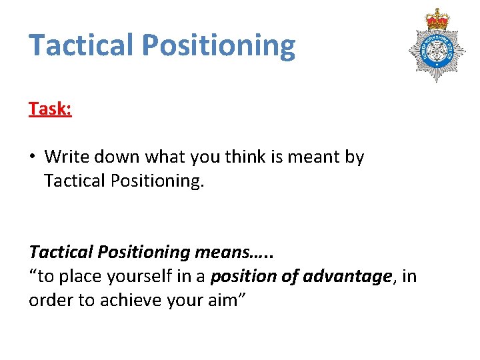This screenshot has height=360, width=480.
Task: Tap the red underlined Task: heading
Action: click(50, 109)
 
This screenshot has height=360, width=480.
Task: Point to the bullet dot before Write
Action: click(33, 157)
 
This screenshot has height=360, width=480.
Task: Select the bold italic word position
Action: click(243, 277)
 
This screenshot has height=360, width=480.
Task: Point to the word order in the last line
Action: click(49, 301)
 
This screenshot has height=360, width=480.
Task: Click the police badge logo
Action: click(438, 45)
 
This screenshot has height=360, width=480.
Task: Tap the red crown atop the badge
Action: click(438, 19)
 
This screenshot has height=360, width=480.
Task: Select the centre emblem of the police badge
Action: click(438, 52)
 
